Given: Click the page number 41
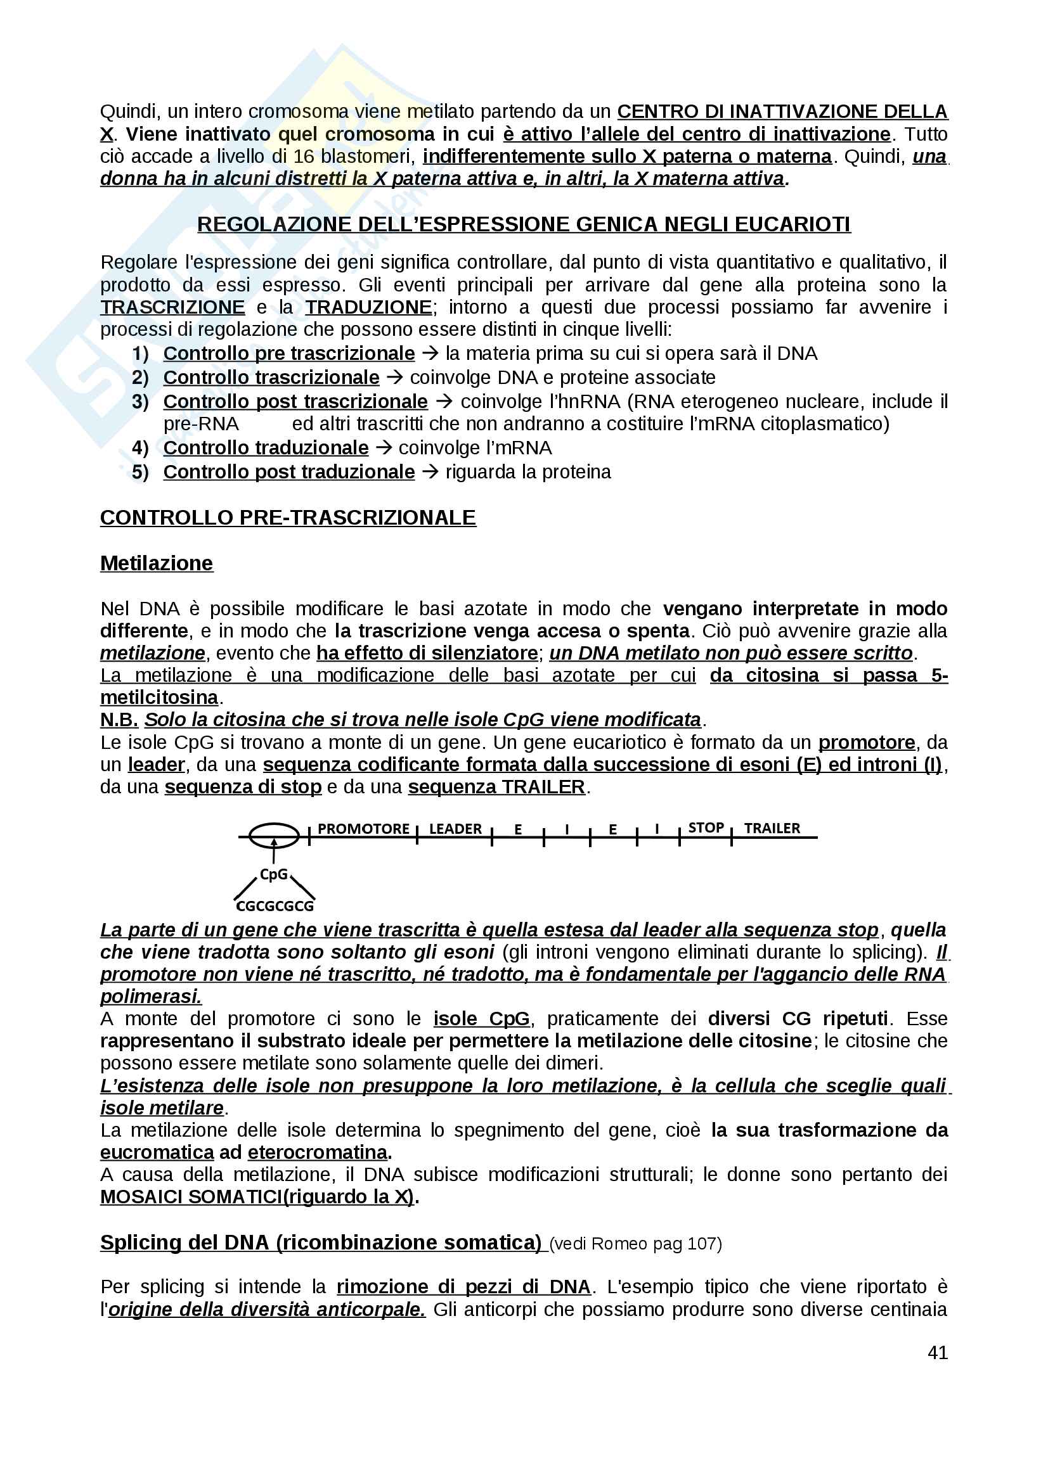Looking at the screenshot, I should pyautogui.click(x=937, y=1352).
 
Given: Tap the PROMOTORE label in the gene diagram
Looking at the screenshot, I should pyautogui.click(x=363, y=829).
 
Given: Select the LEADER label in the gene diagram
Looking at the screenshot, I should pyautogui.click(x=455, y=829).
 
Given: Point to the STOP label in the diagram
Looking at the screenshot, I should pyautogui.click(x=706, y=827).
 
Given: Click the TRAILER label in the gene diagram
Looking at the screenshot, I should pyautogui.click(x=772, y=828).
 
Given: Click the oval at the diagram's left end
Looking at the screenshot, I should pyautogui.click(x=275, y=835).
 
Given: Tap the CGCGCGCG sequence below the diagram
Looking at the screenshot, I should pyautogui.click(x=275, y=906).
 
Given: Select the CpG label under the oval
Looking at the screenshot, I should pyautogui.click(x=273, y=874).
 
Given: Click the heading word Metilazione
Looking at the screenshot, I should pyautogui.click(x=156, y=563).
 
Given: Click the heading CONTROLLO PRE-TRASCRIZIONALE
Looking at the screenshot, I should pyautogui.click(x=288, y=518).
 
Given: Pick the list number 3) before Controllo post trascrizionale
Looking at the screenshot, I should pyautogui.click(x=140, y=402).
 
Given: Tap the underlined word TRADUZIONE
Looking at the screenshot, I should pyautogui.click(x=369, y=307).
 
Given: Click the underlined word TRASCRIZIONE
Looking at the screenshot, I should pyautogui.click(x=172, y=307).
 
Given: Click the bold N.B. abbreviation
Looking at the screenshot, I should pyautogui.click(x=119, y=720).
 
